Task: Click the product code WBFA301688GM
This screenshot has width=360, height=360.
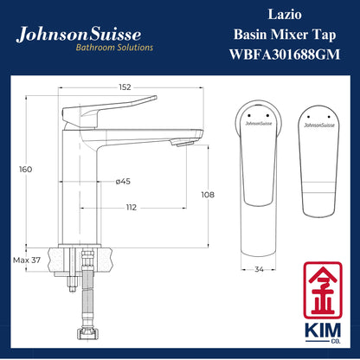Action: pos(271,55)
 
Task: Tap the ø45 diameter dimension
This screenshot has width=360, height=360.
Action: pos(122,182)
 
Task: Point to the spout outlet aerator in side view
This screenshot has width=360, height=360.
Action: pos(181,142)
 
